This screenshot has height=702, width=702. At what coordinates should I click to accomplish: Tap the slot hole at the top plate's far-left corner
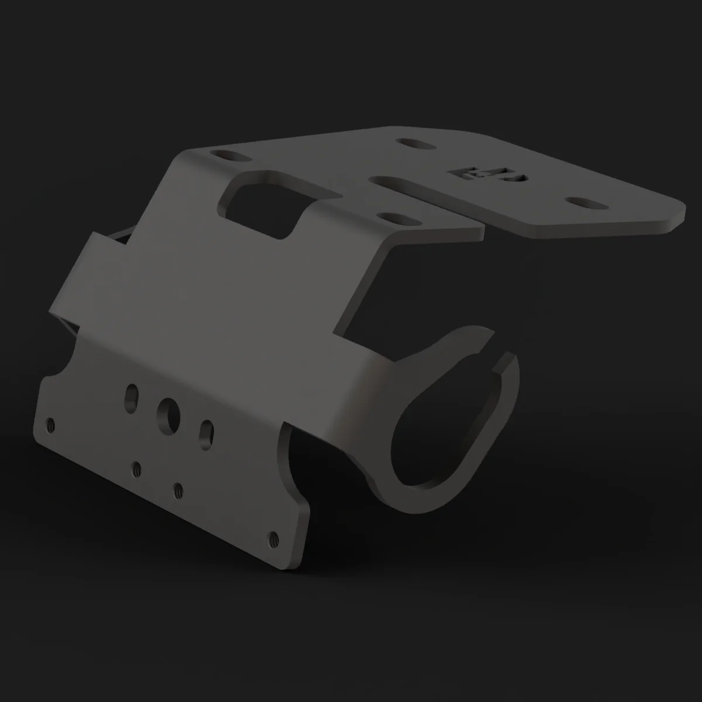(230, 156)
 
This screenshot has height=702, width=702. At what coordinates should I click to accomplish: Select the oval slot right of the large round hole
(206, 434)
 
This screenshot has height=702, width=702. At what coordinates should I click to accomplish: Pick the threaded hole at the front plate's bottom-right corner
(272, 536)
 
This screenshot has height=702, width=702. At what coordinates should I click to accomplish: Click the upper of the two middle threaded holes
(137, 468)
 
